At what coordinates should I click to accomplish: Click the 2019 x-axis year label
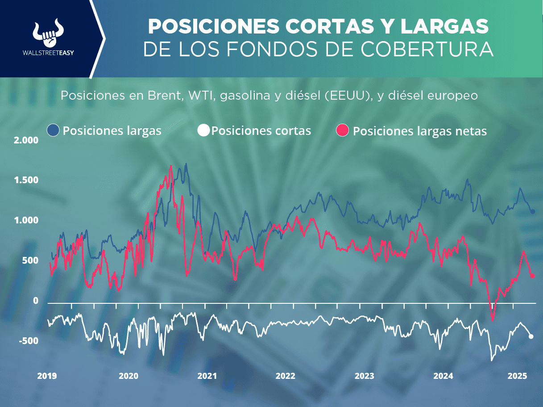point(46,376)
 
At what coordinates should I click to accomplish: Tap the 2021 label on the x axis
point(207,376)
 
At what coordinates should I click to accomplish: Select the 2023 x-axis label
point(364,376)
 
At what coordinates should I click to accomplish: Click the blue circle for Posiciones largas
point(53,130)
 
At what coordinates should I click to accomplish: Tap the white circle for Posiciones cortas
point(203,130)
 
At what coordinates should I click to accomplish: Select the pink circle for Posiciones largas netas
point(342,131)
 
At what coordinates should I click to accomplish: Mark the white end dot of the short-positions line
point(531,336)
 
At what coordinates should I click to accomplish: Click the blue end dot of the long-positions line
point(532,211)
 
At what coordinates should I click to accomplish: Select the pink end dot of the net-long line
point(533,276)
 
